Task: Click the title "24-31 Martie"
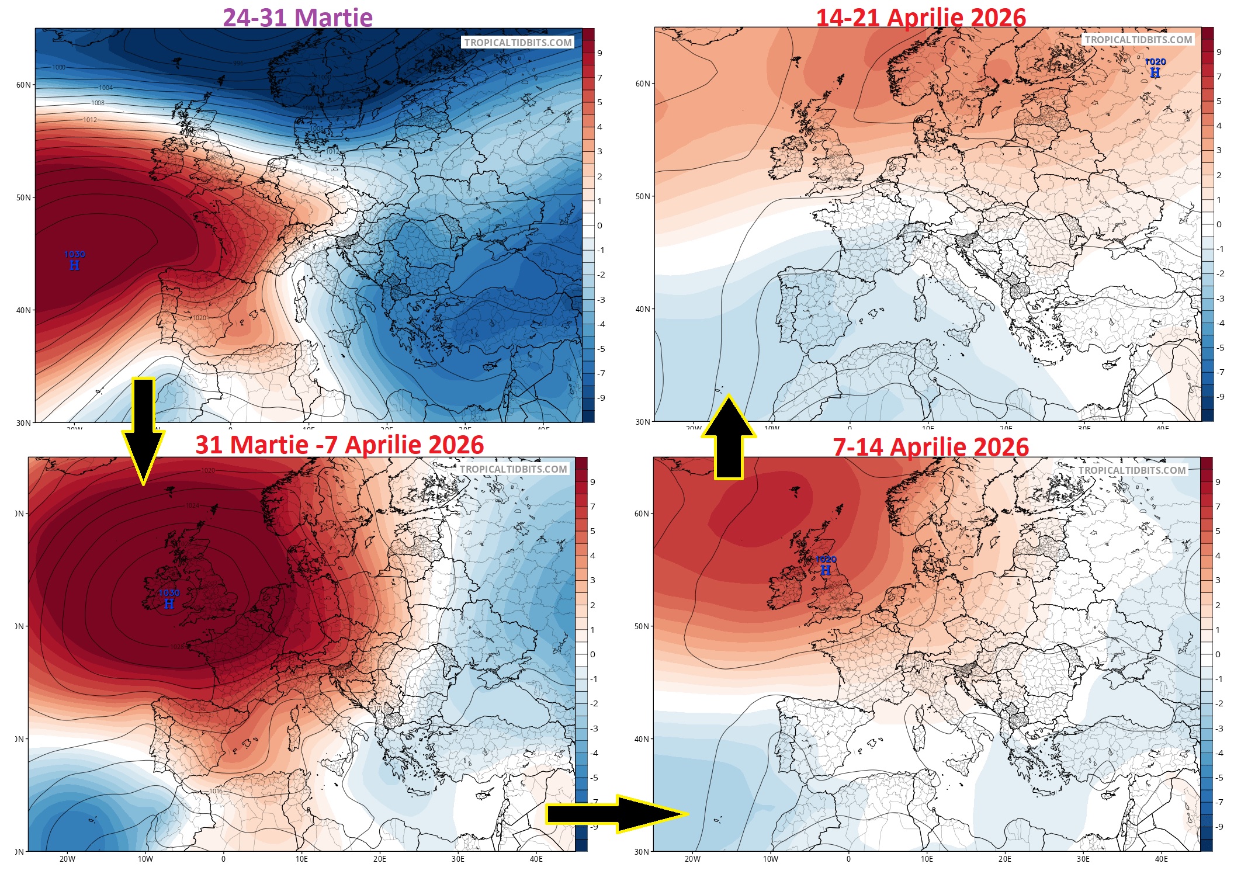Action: [297, 17]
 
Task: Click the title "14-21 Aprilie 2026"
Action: [920, 17]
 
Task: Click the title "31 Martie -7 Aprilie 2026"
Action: [339, 445]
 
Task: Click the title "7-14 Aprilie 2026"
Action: [930, 447]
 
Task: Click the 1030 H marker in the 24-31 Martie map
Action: [74, 260]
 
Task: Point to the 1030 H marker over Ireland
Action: [169, 599]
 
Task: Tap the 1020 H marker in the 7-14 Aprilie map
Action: [826, 565]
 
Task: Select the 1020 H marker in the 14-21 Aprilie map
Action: [1155, 67]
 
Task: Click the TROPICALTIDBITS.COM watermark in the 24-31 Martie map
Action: [518, 43]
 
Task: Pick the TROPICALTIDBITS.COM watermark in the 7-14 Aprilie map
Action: [1132, 470]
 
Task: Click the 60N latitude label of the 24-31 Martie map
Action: [23, 85]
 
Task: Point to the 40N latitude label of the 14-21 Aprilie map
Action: [643, 309]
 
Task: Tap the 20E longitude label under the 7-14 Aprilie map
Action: [1004, 858]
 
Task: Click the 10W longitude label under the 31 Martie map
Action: [145, 858]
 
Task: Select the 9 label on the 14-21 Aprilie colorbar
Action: [1219, 52]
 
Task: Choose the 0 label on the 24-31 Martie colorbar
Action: [599, 226]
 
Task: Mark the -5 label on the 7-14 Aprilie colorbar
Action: [1219, 777]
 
